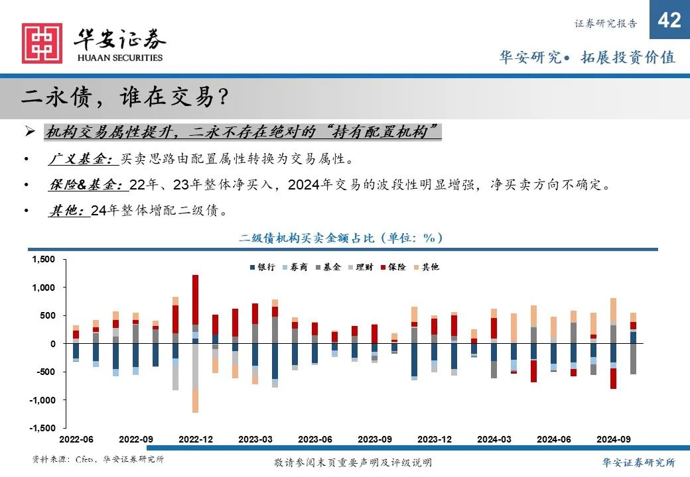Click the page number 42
[669, 21]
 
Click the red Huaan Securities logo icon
[42, 44]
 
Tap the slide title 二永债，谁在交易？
[126, 98]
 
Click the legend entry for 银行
[262, 267]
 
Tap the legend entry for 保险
[393, 267]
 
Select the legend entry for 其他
[426, 267]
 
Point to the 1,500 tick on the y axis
[44, 260]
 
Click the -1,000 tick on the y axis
[43, 400]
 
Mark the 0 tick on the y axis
[53, 344]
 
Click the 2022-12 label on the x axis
[195, 439]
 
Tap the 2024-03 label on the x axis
[494, 439]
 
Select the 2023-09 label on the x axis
[374, 439]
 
